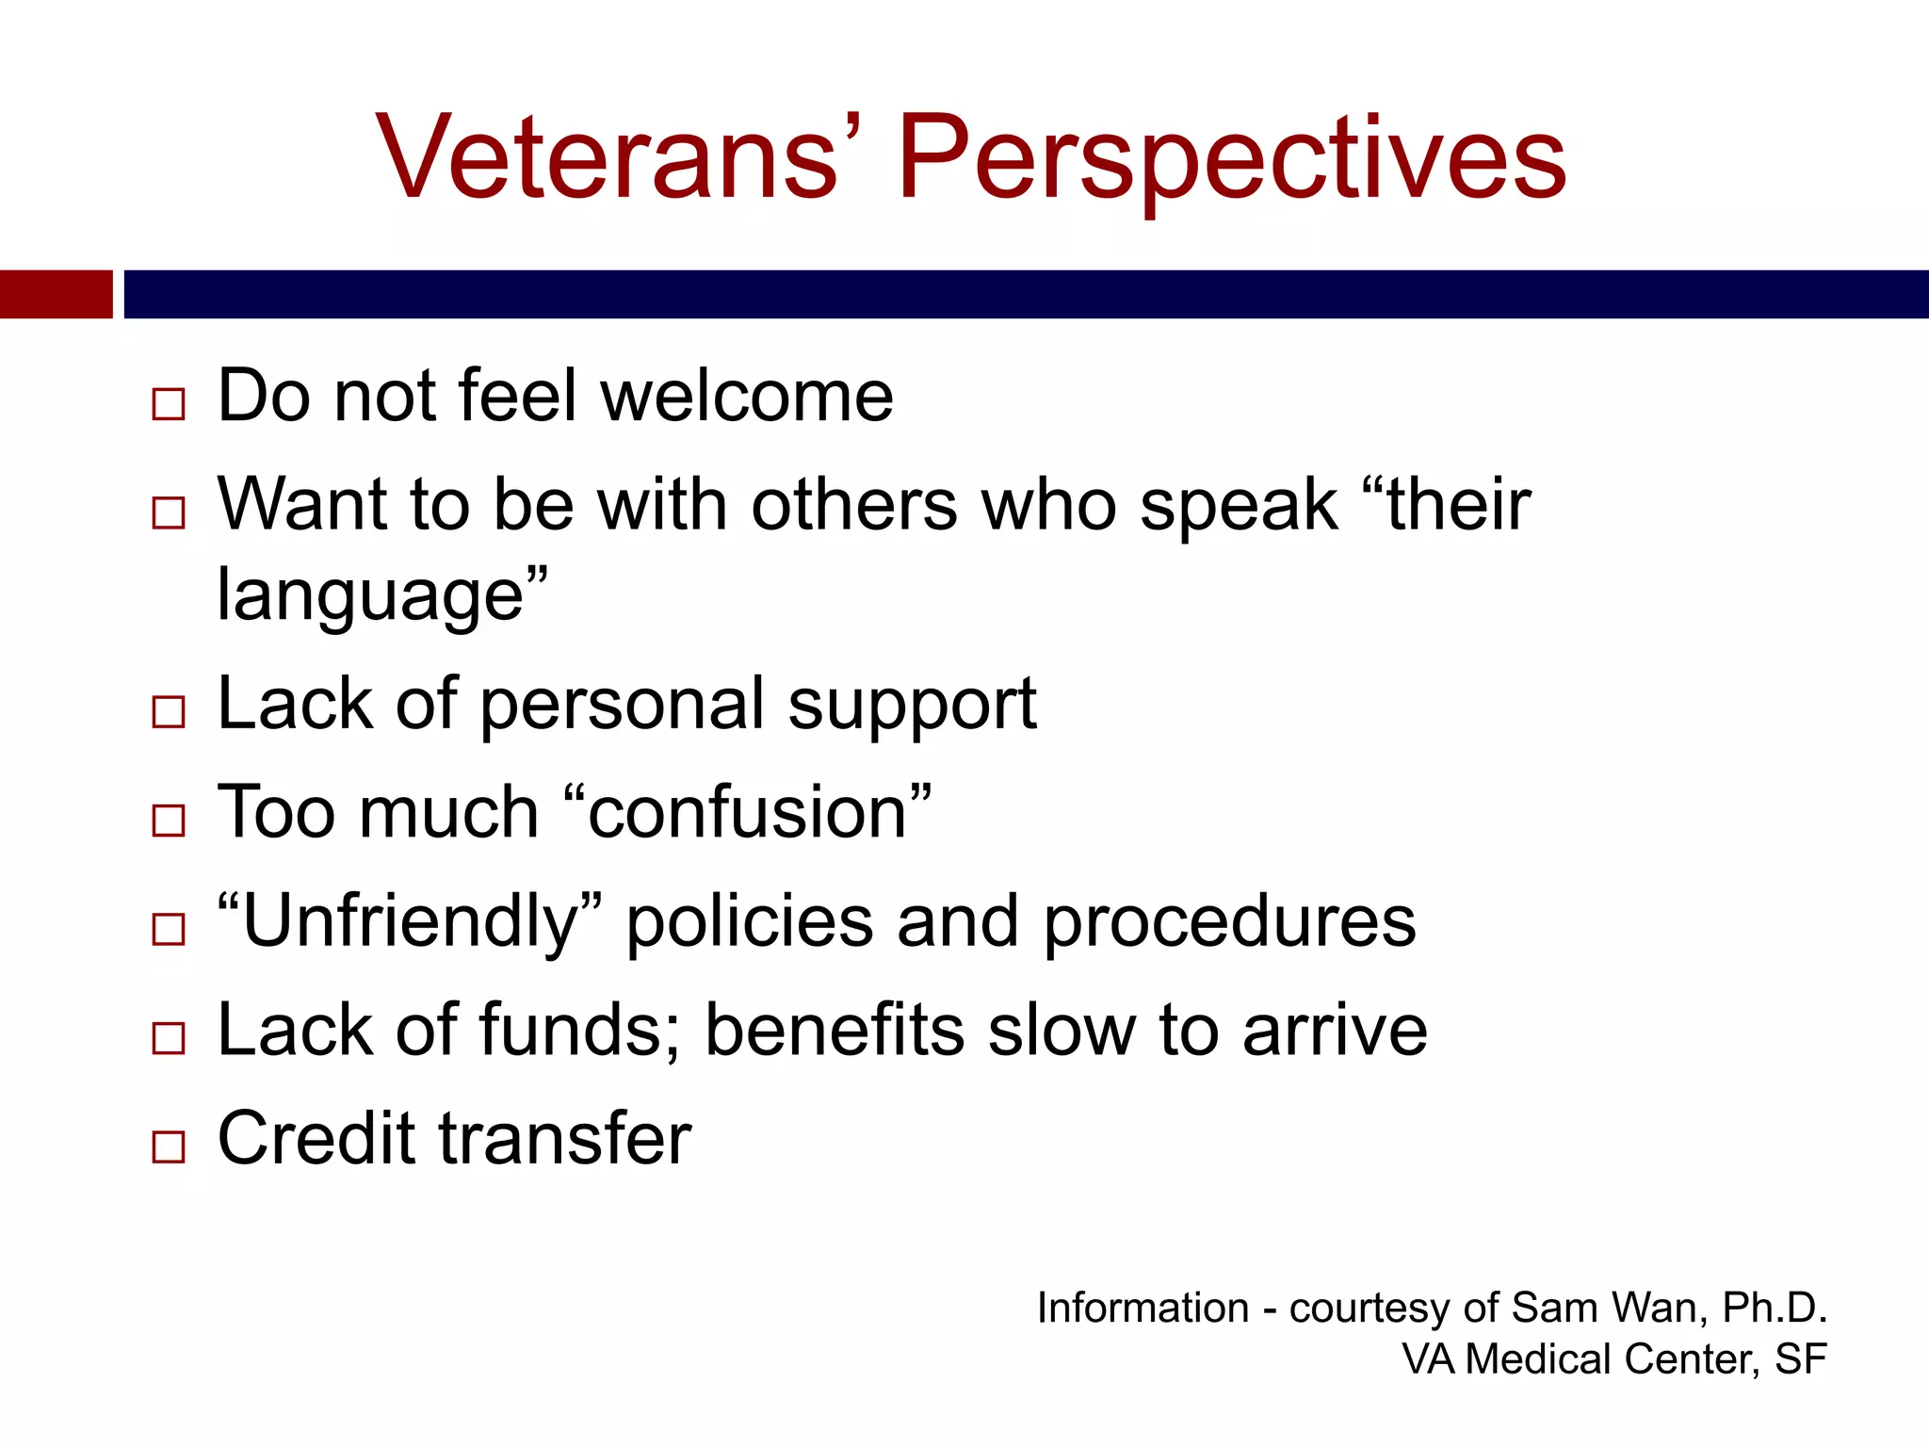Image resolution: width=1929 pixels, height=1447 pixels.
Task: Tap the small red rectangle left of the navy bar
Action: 56,294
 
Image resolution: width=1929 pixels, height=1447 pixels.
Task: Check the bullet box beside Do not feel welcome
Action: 169,404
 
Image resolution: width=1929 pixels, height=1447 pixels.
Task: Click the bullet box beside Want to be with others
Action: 169,513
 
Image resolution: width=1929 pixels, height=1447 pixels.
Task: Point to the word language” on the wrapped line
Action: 381,595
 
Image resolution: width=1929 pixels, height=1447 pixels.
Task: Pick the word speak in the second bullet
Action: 1238,507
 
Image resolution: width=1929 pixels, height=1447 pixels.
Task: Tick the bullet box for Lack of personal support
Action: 169,711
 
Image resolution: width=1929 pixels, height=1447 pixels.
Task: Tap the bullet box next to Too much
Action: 169,821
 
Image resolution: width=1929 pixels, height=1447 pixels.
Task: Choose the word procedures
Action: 1229,921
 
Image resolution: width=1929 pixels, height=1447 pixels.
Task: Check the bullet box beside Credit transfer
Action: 169,1146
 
